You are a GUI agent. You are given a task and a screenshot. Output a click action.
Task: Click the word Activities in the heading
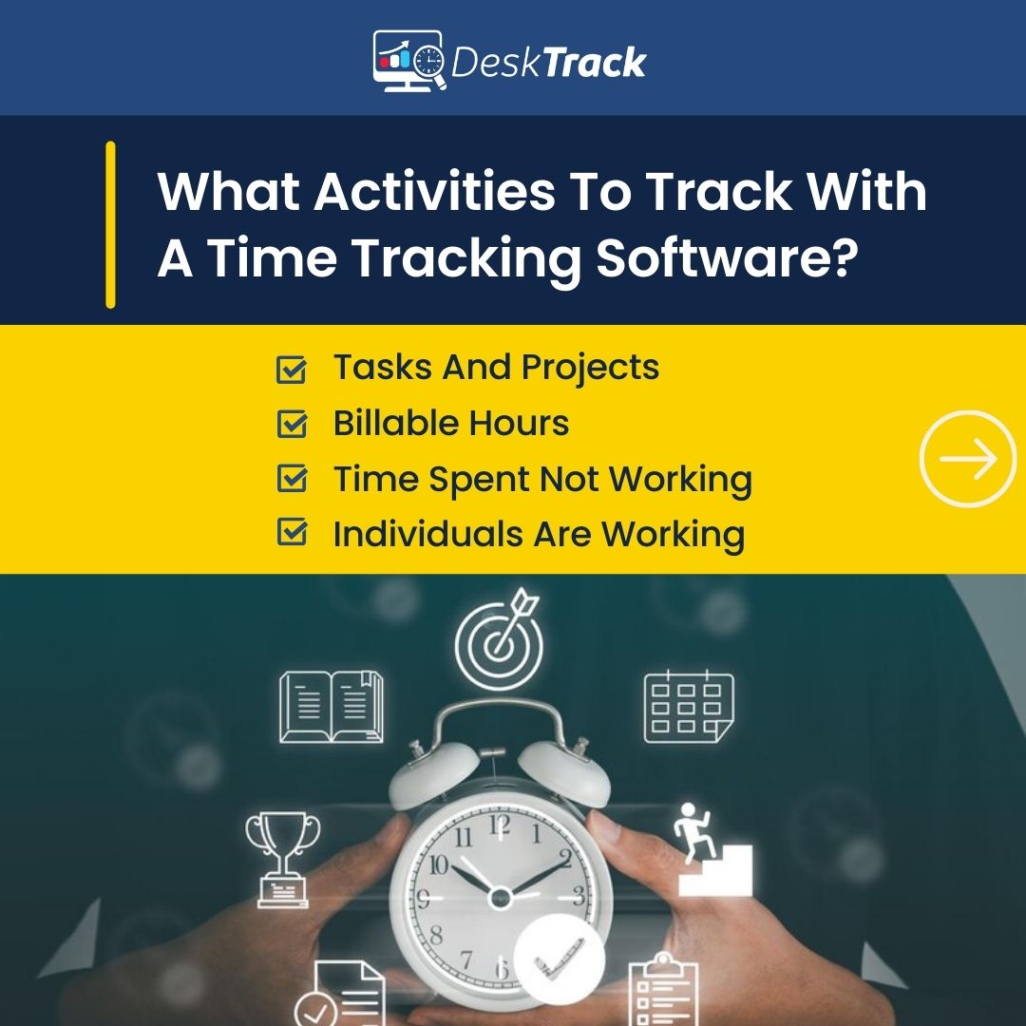434,193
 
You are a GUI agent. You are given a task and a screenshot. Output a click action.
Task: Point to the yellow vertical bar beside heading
110,225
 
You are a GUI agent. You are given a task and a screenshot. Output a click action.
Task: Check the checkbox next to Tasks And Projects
291,370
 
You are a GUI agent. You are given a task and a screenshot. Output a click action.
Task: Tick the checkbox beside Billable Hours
291,425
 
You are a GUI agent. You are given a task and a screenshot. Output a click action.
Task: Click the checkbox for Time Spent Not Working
291,479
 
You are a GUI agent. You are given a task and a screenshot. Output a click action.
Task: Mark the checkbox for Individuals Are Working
291,533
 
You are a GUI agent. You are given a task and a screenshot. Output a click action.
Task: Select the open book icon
332,708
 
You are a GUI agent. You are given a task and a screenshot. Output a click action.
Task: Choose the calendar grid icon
689,708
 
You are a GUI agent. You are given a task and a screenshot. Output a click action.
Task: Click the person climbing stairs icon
713,850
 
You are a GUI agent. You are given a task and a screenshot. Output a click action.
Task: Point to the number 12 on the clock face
499,825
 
